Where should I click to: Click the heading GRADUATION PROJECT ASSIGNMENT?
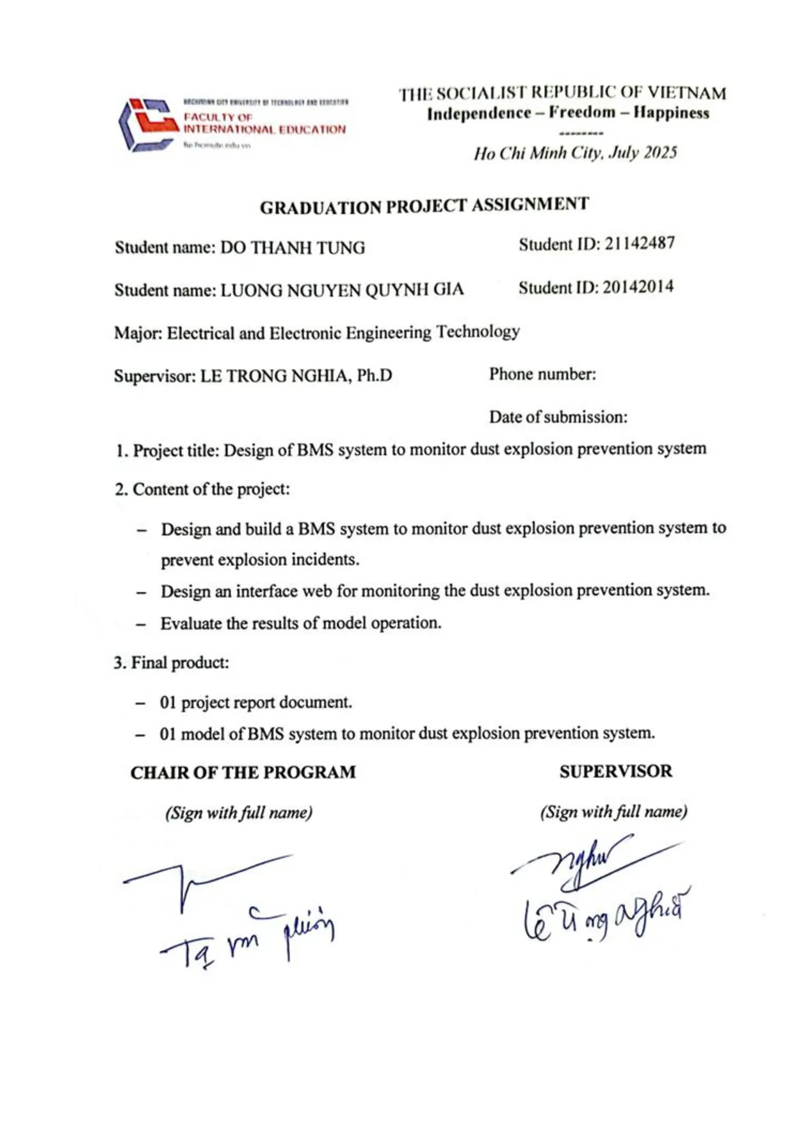click(x=424, y=206)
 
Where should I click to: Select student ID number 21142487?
click(x=639, y=244)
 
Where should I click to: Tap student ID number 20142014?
click(x=638, y=287)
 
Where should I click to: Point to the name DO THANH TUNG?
click(x=293, y=247)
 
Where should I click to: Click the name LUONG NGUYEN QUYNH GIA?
click(x=342, y=290)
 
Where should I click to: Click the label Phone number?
click(x=542, y=374)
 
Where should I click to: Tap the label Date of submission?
click(x=558, y=417)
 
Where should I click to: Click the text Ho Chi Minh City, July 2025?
click(x=575, y=153)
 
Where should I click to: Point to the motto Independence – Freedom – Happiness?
click(x=568, y=113)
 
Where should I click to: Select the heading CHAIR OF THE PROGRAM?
click(x=243, y=772)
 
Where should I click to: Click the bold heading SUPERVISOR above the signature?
click(x=615, y=771)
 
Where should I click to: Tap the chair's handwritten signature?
click(x=231, y=910)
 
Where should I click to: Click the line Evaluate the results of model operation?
click(x=300, y=623)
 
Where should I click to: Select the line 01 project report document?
click(x=255, y=702)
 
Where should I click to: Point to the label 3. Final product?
click(x=171, y=663)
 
